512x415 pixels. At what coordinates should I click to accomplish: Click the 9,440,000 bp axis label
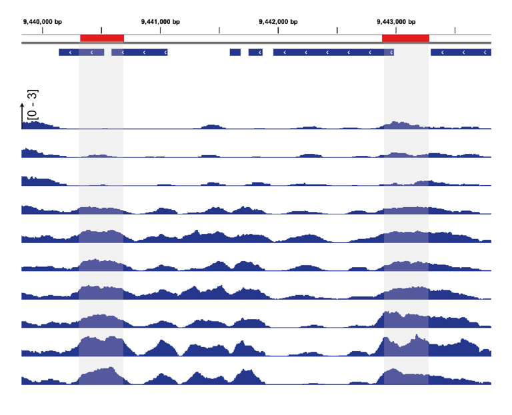(42, 21)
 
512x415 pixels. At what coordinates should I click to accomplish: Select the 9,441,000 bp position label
(161, 21)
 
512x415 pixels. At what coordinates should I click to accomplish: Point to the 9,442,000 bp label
(278, 21)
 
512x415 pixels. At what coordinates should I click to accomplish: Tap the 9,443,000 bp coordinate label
(396, 21)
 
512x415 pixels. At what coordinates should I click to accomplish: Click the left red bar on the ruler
(102, 38)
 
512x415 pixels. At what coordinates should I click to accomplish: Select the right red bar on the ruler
(405, 38)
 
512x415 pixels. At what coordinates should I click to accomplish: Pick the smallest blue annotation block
(235, 52)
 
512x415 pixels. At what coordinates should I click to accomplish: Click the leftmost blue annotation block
(81, 52)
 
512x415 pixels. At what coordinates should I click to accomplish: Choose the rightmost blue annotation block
(461, 52)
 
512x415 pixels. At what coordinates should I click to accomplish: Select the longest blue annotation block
(333, 52)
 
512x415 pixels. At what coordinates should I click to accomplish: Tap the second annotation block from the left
(139, 52)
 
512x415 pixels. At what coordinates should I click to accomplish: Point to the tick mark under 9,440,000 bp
(42, 30)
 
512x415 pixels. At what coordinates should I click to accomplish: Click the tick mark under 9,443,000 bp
(396, 30)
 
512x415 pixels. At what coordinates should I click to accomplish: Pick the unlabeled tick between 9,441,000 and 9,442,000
(219, 30)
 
